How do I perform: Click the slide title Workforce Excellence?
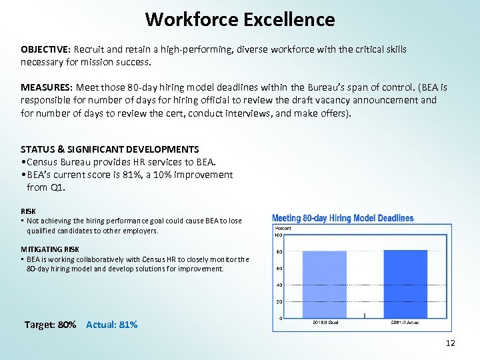click(x=240, y=19)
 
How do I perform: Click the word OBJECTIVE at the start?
click(x=45, y=50)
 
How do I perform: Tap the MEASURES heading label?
click(x=46, y=88)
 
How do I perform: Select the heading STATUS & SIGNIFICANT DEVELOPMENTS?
click(x=109, y=149)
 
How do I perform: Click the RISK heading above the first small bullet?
click(x=28, y=211)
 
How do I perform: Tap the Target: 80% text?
click(x=50, y=325)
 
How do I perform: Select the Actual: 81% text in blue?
click(x=112, y=325)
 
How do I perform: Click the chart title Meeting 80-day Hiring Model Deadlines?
click(x=343, y=219)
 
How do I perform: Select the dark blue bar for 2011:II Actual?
click(x=405, y=284)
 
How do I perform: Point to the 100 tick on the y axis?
click(x=278, y=235)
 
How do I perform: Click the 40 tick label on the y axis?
click(x=279, y=285)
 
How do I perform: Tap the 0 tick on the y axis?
click(x=281, y=319)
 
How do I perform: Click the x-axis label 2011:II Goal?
click(x=325, y=323)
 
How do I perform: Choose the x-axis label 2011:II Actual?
click(x=405, y=323)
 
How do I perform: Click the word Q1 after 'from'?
click(x=59, y=187)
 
